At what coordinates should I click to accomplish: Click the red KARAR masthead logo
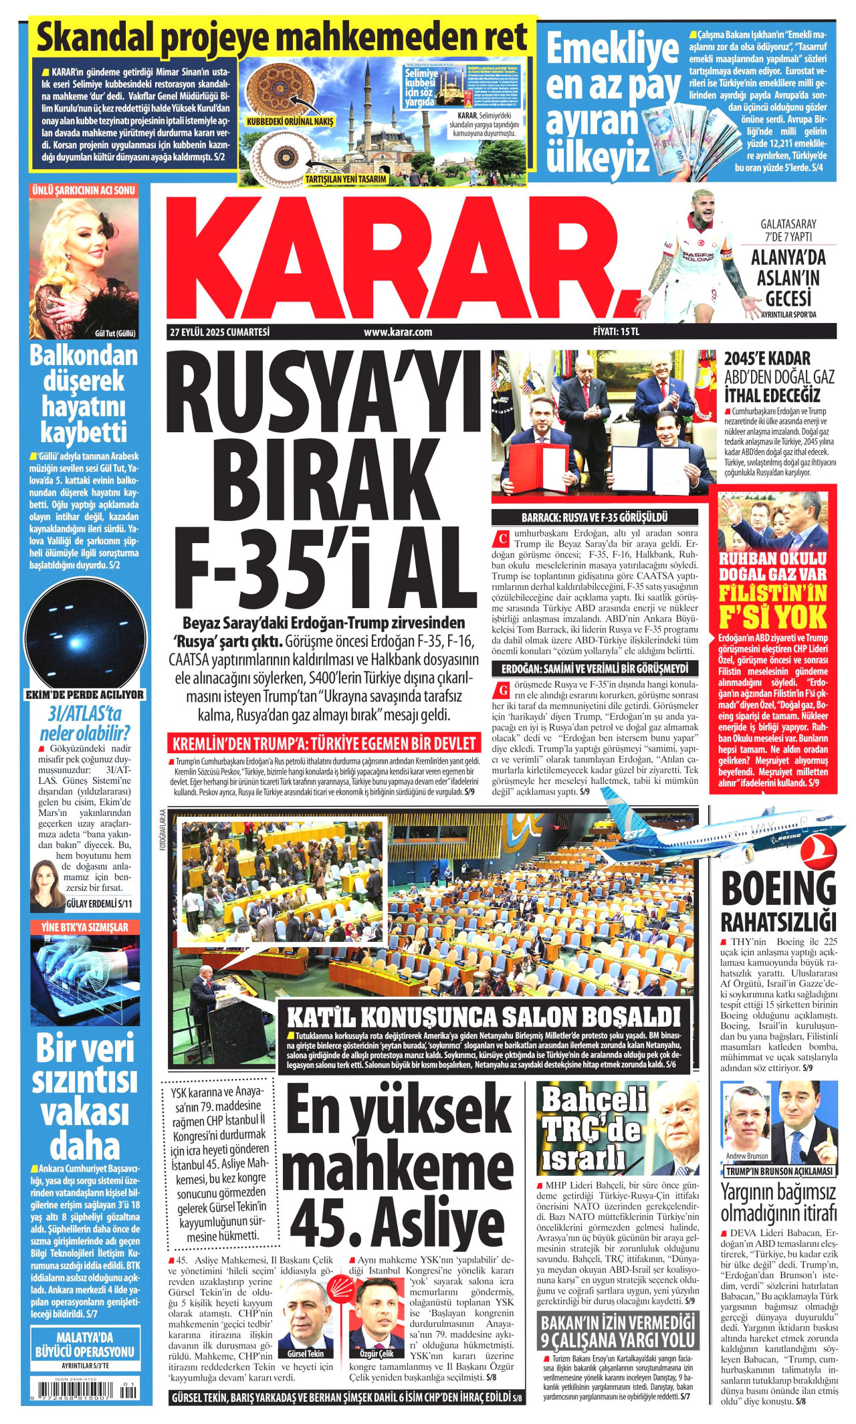[401, 258]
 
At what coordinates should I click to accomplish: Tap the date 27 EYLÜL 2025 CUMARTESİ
[219, 332]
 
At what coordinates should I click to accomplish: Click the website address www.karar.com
[398, 332]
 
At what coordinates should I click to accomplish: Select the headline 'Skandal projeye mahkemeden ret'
[282, 37]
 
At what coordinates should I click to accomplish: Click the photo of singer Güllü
[84, 264]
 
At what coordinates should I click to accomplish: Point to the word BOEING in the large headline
[778, 889]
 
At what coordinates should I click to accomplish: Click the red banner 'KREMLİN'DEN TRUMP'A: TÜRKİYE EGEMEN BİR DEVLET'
[324, 743]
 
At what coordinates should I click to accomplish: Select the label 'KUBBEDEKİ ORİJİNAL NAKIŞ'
[290, 122]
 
